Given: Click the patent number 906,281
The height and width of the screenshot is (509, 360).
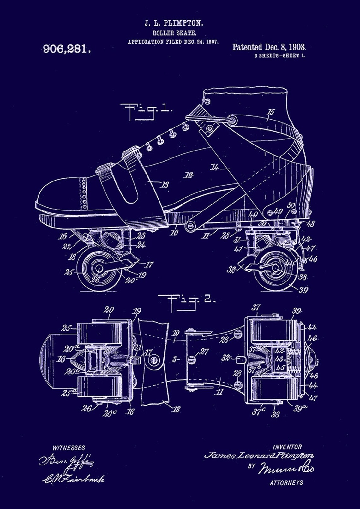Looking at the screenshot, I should (x=67, y=49).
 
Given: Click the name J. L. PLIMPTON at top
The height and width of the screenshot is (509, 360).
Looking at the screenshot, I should (x=174, y=23).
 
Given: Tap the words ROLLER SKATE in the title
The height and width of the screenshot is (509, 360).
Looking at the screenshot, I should (x=174, y=33).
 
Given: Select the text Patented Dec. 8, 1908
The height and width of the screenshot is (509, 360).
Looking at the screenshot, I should (x=269, y=47).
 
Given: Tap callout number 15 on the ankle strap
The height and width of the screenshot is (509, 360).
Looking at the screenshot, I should (x=271, y=112).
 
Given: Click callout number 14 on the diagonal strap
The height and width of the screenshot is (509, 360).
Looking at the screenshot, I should (x=214, y=168).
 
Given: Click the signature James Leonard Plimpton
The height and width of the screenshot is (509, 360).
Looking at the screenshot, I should (x=259, y=455).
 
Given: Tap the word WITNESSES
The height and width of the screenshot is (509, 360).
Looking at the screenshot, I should (x=69, y=448).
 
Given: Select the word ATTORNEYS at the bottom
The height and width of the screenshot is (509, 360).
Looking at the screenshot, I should (x=286, y=482).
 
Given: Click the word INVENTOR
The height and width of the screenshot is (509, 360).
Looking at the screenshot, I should (x=287, y=447).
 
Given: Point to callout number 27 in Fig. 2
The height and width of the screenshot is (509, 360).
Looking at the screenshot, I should (x=204, y=351).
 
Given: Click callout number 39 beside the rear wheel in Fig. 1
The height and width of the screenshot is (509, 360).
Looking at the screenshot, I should (x=303, y=289).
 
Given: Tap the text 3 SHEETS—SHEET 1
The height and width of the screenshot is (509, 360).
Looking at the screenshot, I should (x=280, y=56).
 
